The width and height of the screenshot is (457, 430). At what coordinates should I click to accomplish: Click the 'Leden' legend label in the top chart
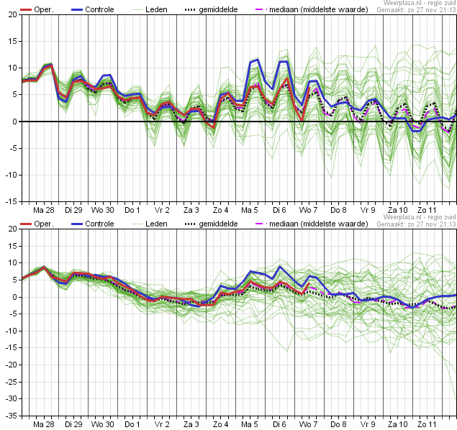156,9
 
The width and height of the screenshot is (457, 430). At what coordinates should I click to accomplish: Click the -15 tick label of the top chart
12,201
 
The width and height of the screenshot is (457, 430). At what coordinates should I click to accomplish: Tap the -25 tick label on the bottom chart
12,382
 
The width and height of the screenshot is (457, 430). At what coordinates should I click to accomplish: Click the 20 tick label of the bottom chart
13,229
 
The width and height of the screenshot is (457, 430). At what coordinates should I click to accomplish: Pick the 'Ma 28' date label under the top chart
44,210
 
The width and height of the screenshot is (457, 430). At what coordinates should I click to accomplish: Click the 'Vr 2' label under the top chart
162,210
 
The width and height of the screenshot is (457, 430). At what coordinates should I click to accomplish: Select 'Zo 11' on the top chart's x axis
427,210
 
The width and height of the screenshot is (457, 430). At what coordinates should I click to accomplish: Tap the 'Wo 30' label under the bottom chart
103,424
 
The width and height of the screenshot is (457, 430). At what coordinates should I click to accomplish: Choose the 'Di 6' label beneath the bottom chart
279,424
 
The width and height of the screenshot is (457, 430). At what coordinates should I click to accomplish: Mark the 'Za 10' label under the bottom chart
397,424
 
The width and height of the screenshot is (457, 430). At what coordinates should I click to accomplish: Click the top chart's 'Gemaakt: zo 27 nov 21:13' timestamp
417,10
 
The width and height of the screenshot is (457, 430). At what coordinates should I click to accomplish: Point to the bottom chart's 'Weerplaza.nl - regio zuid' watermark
420,217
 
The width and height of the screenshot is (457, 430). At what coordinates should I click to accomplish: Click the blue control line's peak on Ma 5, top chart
258,60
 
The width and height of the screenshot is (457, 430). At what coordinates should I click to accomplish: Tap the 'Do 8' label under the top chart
338,210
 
